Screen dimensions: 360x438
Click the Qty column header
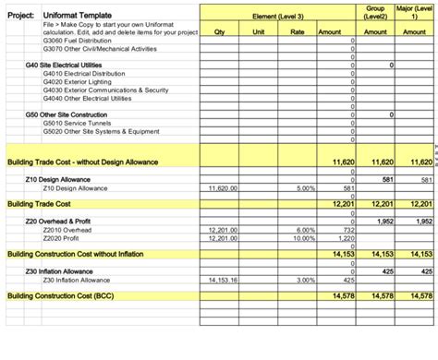click(x=219, y=31)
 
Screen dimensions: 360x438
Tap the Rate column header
click(x=298, y=31)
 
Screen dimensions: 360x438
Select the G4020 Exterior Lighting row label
click(x=82, y=81)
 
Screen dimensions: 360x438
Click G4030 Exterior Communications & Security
click(x=105, y=90)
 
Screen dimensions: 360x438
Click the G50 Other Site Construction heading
click(x=67, y=114)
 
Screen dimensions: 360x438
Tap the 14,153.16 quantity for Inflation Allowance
click(x=223, y=279)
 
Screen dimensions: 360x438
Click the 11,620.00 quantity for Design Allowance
click(x=223, y=187)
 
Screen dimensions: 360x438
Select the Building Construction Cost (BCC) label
click(x=68, y=296)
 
